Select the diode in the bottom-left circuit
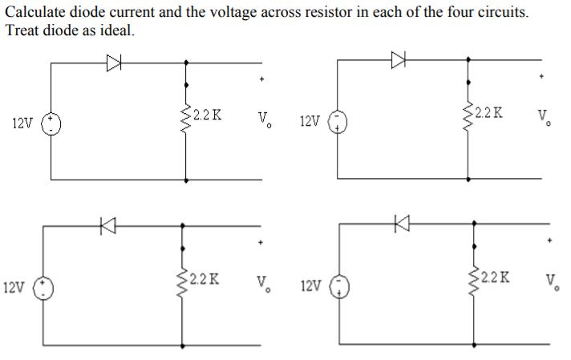[104, 227]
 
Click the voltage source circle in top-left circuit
[53, 123]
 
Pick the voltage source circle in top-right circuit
[338, 121]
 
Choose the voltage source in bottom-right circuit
[339, 286]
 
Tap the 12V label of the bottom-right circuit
[310, 285]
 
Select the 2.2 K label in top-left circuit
[208, 115]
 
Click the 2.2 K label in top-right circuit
[488, 112]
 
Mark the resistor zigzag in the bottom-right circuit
[473, 281]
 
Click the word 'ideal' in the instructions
[112, 30]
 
